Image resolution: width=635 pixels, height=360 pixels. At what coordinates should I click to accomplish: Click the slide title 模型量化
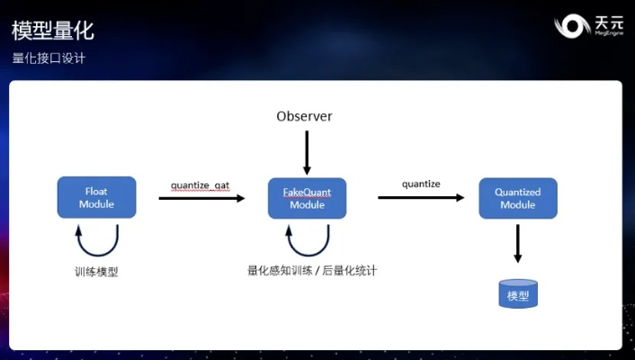click(x=52, y=31)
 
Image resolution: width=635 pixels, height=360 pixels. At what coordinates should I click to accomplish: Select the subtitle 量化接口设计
click(x=49, y=58)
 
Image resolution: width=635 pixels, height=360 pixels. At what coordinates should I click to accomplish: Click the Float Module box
click(x=96, y=197)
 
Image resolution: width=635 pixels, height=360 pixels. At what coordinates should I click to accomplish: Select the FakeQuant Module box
click(x=307, y=197)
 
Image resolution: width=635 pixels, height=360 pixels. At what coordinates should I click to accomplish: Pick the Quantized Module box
click(x=517, y=197)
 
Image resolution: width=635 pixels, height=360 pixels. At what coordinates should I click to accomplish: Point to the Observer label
click(x=304, y=116)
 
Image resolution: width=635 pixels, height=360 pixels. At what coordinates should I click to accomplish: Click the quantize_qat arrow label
click(x=201, y=184)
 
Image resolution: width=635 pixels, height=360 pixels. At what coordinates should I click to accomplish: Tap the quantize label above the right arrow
click(x=421, y=184)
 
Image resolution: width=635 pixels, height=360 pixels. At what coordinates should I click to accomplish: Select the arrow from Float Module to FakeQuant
click(x=201, y=197)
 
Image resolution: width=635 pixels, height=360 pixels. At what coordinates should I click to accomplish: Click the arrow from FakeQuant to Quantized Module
click(x=420, y=197)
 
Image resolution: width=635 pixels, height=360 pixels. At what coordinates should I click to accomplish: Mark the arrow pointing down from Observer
click(x=307, y=152)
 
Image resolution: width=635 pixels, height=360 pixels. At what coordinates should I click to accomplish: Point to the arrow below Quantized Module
click(x=518, y=243)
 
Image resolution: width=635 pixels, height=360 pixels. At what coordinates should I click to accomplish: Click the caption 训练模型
click(x=96, y=271)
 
